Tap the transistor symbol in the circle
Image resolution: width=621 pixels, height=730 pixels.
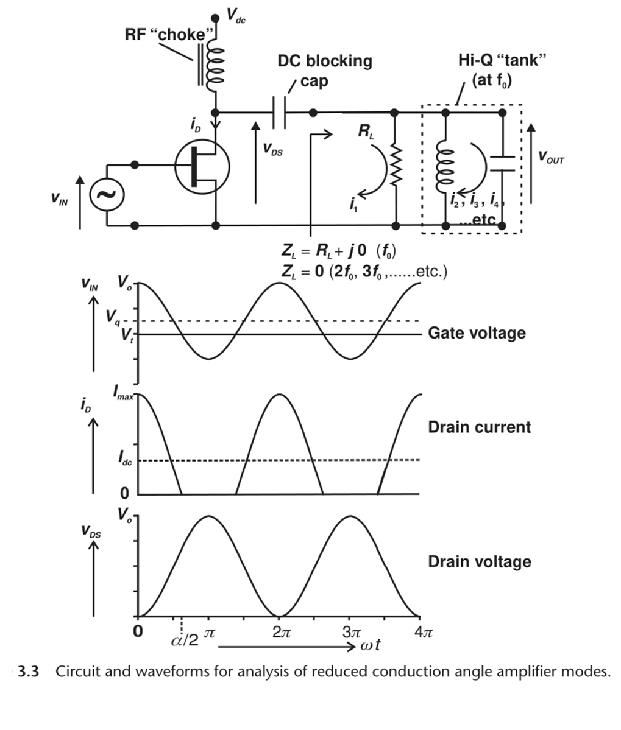(x=202, y=165)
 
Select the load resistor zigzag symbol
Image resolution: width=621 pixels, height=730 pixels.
(x=395, y=165)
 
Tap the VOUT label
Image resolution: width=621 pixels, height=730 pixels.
(x=551, y=160)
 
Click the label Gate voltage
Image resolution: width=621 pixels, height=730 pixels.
(x=476, y=333)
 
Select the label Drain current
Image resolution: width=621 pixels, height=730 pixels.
(x=479, y=427)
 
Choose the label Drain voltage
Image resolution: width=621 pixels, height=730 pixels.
(x=479, y=561)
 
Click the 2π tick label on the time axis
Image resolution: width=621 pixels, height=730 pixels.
(x=280, y=631)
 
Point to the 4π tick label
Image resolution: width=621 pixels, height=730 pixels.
(x=423, y=631)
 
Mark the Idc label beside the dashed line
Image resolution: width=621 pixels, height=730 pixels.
(x=125, y=460)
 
